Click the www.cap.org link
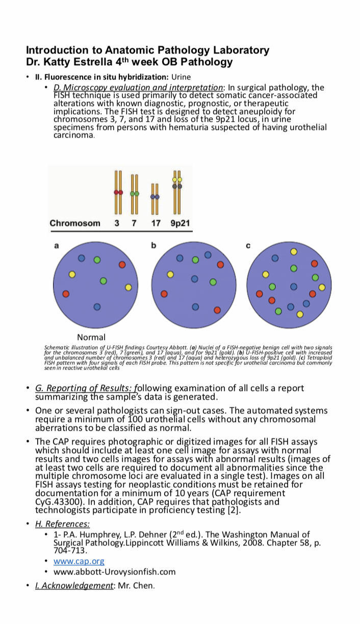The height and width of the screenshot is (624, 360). (79, 561)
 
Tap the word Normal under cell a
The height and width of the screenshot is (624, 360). (91, 337)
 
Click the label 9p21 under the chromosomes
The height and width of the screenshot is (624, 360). (180, 223)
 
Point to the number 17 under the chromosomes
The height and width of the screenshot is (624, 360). (156, 223)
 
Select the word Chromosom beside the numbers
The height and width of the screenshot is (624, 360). (75, 223)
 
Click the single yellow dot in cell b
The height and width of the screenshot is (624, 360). (170, 274)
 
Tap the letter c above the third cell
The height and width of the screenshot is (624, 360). (248, 246)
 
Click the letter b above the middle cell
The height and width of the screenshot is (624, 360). (153, 246)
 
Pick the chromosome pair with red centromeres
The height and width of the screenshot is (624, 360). (118, 193)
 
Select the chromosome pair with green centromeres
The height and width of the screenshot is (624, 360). (135, 194)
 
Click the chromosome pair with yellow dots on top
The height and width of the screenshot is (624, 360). (177, 193)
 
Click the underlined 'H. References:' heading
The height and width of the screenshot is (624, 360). (62, 524)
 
